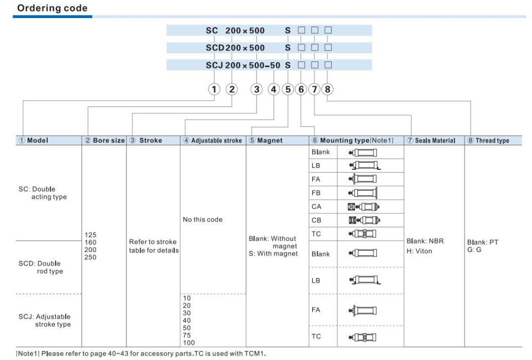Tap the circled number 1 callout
pyautogui.click(x=215, y=89)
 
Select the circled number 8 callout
pyautogui.click(x=328, y=89)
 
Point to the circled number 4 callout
pyautogui.click(x=273, y=89)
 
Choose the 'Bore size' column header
pyautogui.click(x=102, y=141)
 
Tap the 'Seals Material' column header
pyautogui.click(x=435, y=141)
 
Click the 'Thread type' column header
pyautogui.click(x=492, y=141)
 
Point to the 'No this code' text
pyautogui.click(x=203, y=219)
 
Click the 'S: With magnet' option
pyautogui.click(x=273, y=253)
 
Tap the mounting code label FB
pyautogui.click(x=317, y=193)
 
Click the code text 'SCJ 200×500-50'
pyautogui.click(x=243, y=65)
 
